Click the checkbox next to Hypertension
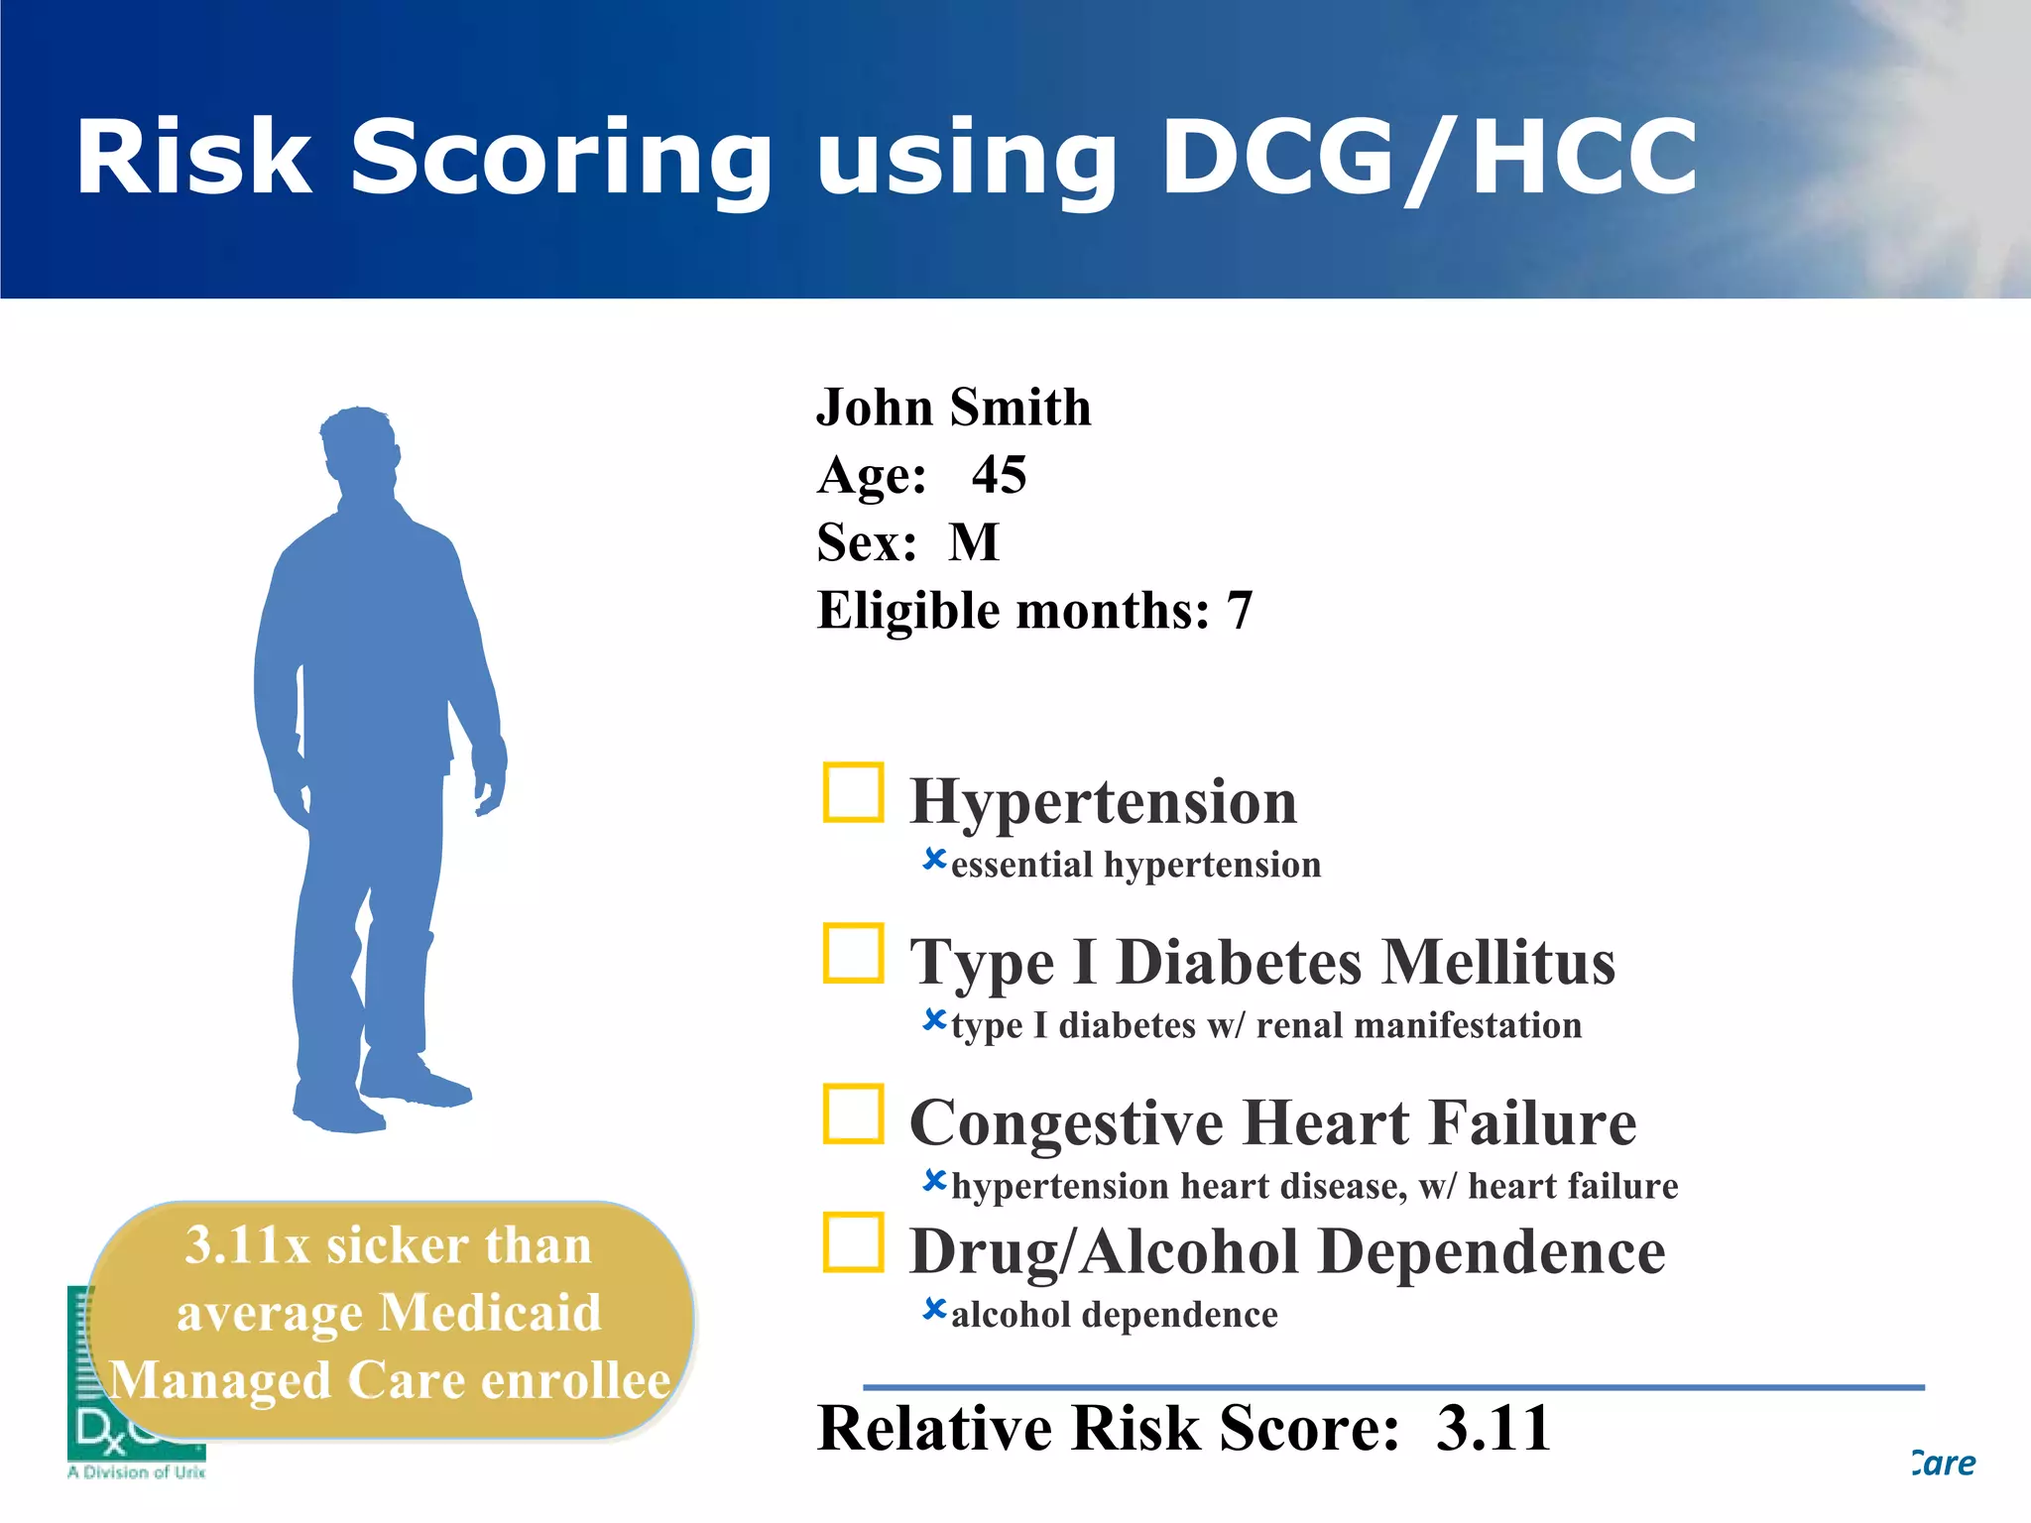pos(853,792)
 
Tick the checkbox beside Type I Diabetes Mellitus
pos(853,953)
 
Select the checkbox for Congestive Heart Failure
pos(853,1113)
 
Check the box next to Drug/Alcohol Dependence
pos(853,1241)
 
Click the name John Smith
pos(953,408)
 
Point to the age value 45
pos(999,475)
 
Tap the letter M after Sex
pos(974,542)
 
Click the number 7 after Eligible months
pos(1240,611)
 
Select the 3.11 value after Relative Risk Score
pos(1493,1428)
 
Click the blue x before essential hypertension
pos(934,859)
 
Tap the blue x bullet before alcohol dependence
pos(934,1309)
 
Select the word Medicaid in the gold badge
pos(491,1313)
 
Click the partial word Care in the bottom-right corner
pos(1944,1464)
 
